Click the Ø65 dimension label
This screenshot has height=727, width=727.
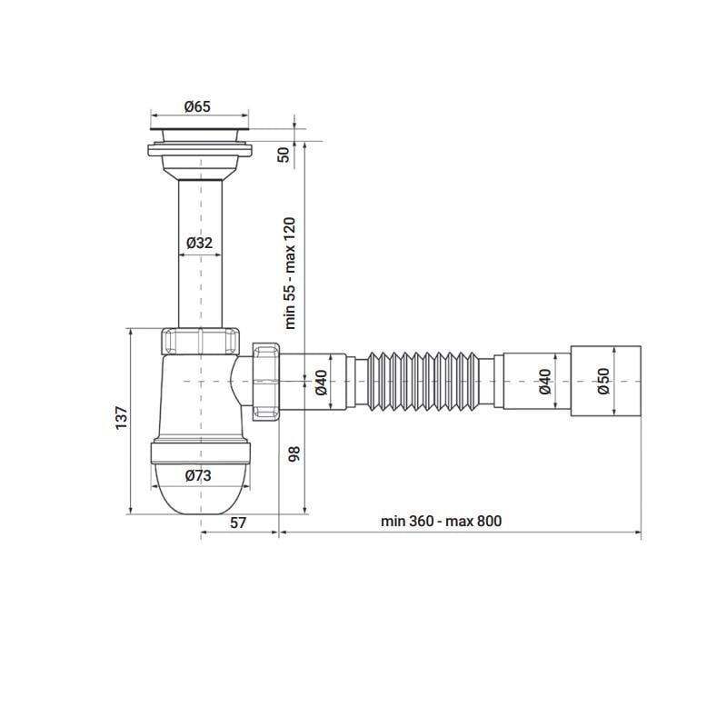pyautogui.click(x=197, y=106)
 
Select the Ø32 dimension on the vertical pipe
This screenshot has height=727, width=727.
pyautogui.click(x=199, y=243)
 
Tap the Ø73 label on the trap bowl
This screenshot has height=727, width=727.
pyautogui.click(x=198, y=475)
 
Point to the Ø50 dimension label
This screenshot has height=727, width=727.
pyautogui.click(x=603, y=381)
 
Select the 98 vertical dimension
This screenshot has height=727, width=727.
pyautogui.click(x=294, y=453)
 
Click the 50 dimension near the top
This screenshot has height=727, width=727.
pyautogui.click(x=283, y=154)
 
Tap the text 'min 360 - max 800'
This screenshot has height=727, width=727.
pyautogui.click(x=442, y=521)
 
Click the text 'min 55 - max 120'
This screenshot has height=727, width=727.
pyautogui.click(x=290, y=273)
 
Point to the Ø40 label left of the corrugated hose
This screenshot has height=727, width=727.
pyautogui.click(x=321, y=383)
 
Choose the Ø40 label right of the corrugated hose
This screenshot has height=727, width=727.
pyautogui.click(x=545, y=381)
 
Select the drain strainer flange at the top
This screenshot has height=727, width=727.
pyautogui.click(x=198, y=136)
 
